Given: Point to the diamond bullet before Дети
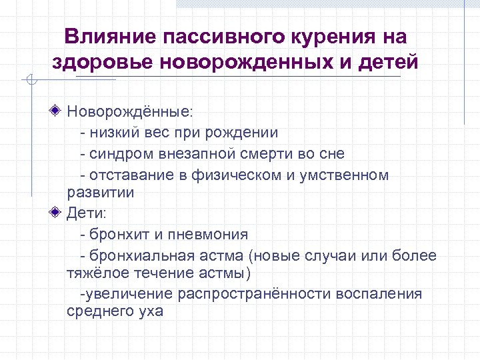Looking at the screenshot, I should pyautogui.click(x=58, y=213).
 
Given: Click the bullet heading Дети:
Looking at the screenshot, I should pyautogui.click(x=91, y=213).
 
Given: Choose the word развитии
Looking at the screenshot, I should pyautogui.click(x=101, y=193).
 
